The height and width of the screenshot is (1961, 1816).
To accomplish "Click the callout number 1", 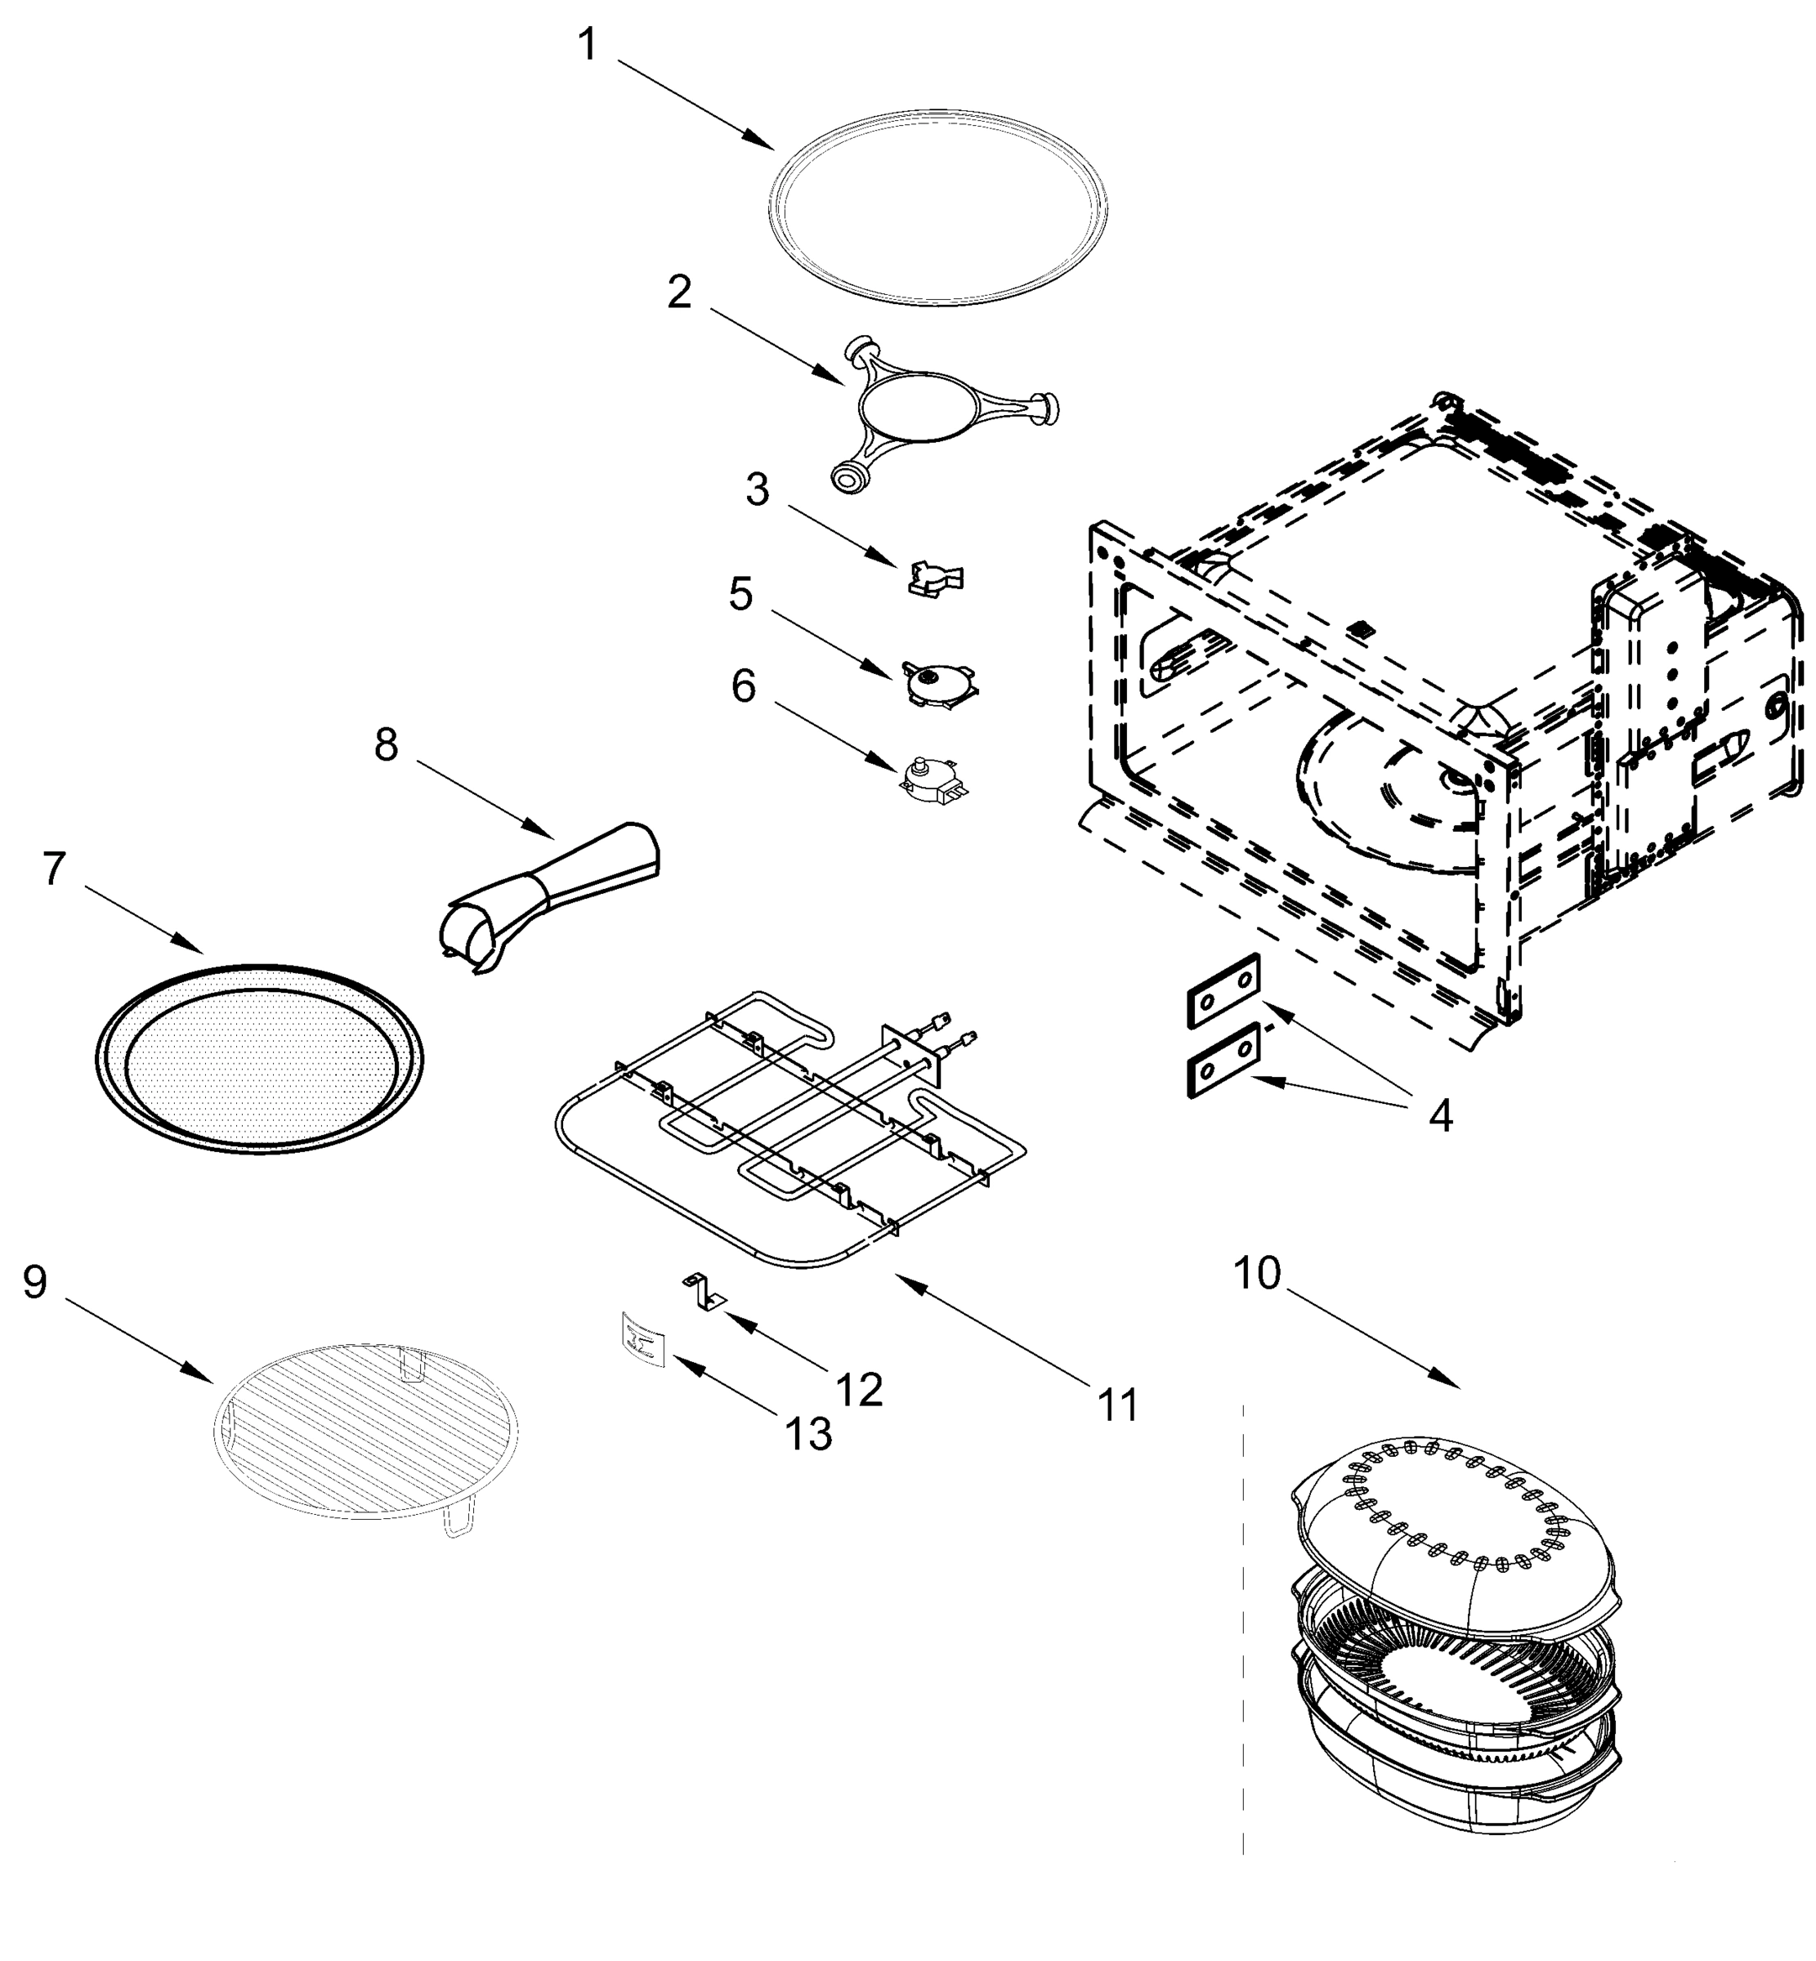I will tap(587, 45).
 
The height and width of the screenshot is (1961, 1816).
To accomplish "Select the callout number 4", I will tap(1439, 1115).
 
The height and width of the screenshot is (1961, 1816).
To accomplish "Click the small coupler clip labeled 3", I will tap(934, 578).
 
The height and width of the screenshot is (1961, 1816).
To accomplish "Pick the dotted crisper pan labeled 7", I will tap(261, 1059).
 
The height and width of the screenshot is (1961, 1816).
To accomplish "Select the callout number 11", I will tap(1118, 1405).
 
